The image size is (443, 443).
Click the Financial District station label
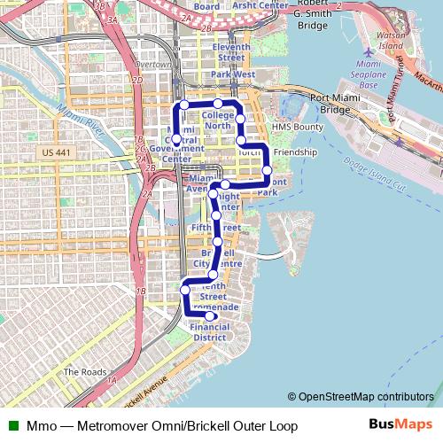pos(209,332)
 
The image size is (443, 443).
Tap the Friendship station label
pos(295,152)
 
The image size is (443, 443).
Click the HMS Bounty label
pos(298,128)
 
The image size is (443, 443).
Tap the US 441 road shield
pos(56,154)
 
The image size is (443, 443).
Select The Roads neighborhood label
pos(84,372)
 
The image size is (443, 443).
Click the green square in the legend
pos(12,426)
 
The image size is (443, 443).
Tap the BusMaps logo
pos(400,425)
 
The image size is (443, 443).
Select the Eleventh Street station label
pos(232,51)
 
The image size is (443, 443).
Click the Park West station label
pos(233,75)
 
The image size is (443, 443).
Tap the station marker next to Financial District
pos(210,315)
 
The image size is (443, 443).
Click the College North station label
pos(217,120)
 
